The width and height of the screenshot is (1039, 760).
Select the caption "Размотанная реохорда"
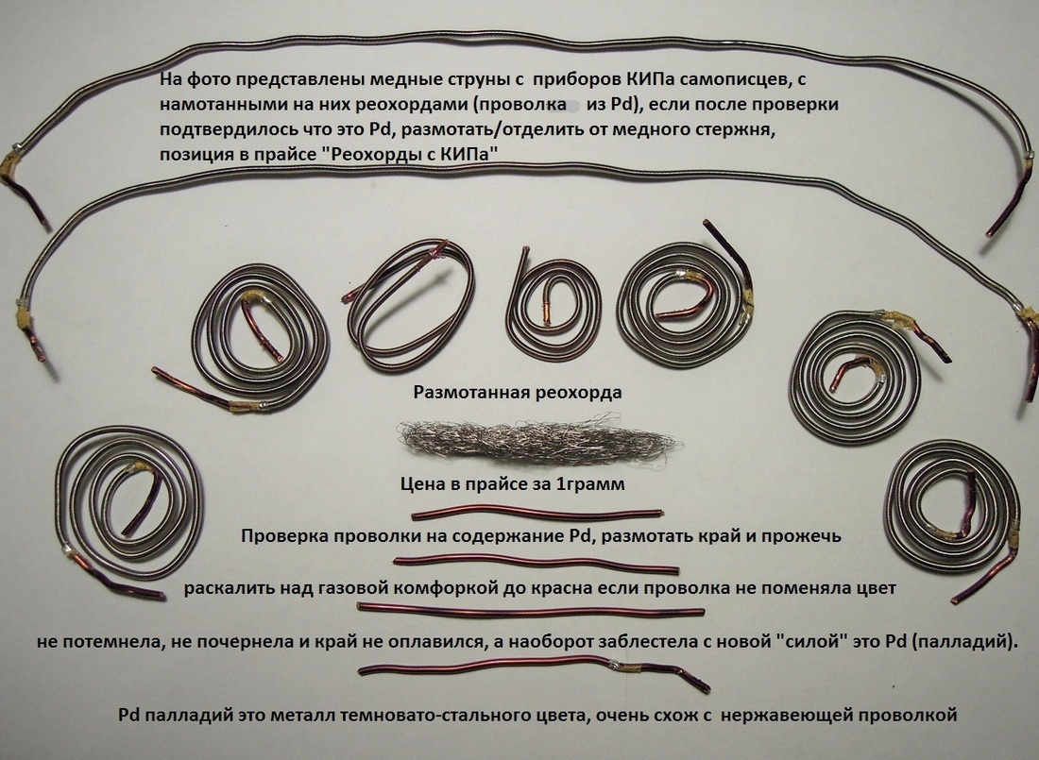518,392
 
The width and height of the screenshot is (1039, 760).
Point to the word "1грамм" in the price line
590,484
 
